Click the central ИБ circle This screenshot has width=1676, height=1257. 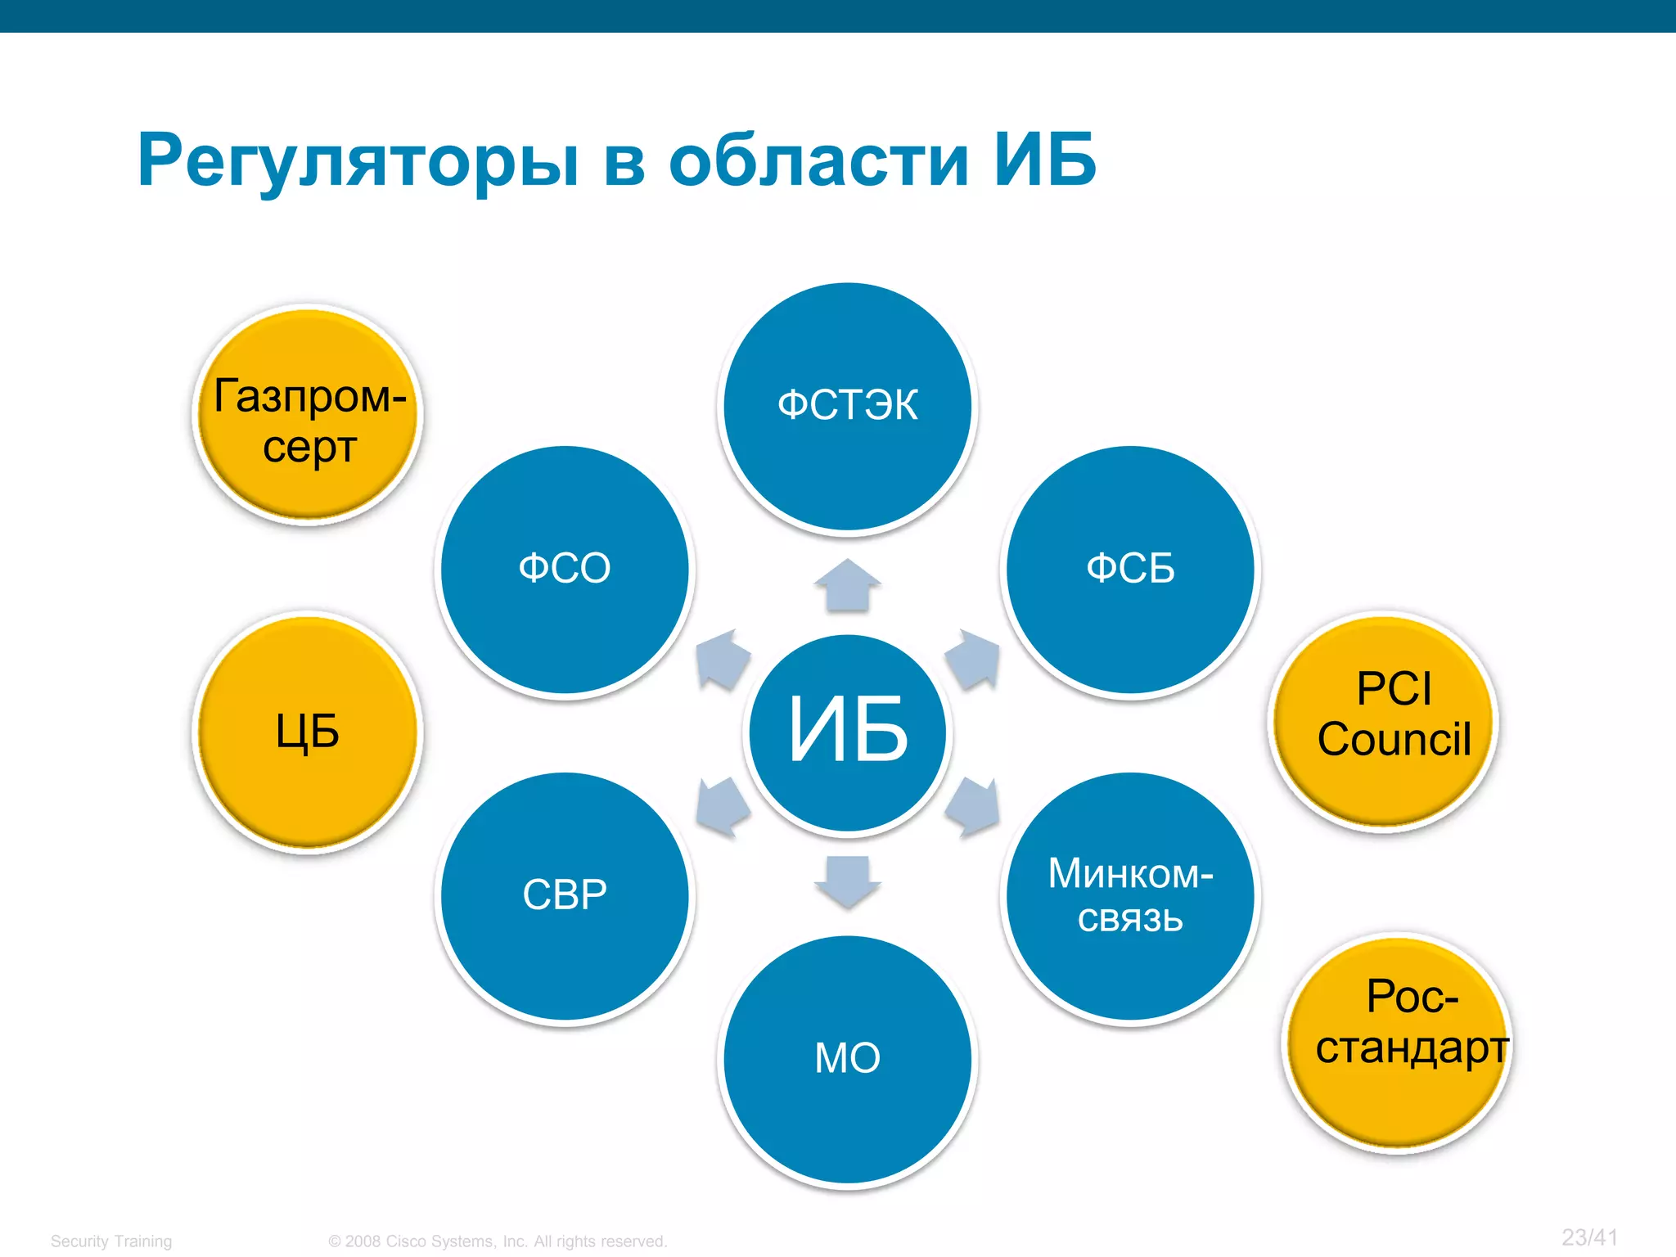click(848, 732)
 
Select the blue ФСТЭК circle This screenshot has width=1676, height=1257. click(848, 407)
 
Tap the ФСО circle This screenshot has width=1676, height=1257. click(565, 570)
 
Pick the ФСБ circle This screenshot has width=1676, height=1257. click(1130, 570)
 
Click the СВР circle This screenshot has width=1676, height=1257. click(565, 896)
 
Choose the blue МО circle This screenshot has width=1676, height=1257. click(848, 1059)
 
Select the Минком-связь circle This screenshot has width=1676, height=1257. click(1130, 896)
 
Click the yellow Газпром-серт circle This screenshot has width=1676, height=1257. click(309, 415)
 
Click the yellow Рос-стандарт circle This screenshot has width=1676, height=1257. click(1397, 1043)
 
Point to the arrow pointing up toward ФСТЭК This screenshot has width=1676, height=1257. click(848, 586)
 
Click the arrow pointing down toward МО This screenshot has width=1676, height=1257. click(848, 881)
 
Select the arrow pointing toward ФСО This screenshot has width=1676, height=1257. click(722, 659)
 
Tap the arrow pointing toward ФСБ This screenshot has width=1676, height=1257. click(973, 659)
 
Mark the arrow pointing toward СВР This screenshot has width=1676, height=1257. click(722, 807)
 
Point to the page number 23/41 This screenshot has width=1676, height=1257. click(1589, 1237)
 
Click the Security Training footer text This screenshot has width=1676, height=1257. click(111, 1241)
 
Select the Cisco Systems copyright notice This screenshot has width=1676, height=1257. click(498, 1241)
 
